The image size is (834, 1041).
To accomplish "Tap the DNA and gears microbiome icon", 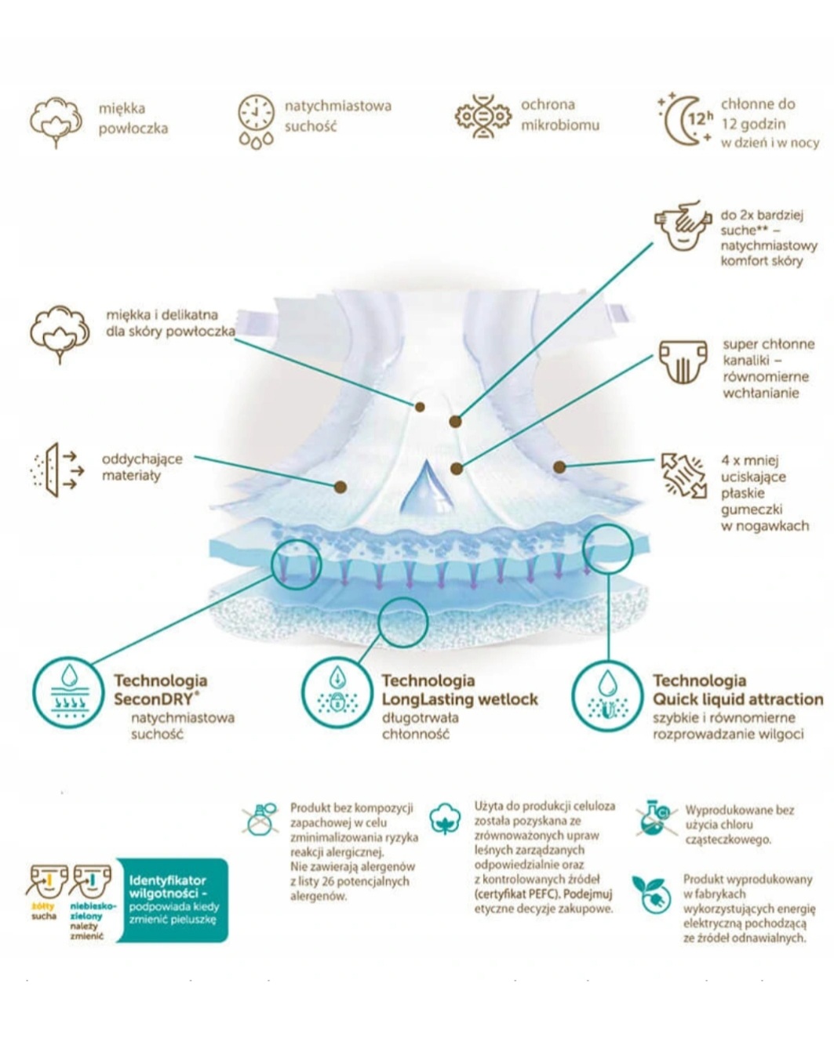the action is coord(483,117).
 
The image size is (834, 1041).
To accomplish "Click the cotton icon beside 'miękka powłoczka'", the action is coord(55,121).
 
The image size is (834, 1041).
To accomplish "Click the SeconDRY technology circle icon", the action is coord(68,694).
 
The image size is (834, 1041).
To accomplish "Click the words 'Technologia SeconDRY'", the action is coord(161,689).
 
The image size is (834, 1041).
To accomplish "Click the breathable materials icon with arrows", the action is coord(55,469).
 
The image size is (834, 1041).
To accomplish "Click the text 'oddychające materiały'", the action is coord(141,467).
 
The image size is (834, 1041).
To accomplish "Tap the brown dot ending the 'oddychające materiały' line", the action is coord(341,487).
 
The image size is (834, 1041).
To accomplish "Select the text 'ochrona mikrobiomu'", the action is coord(559,115).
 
